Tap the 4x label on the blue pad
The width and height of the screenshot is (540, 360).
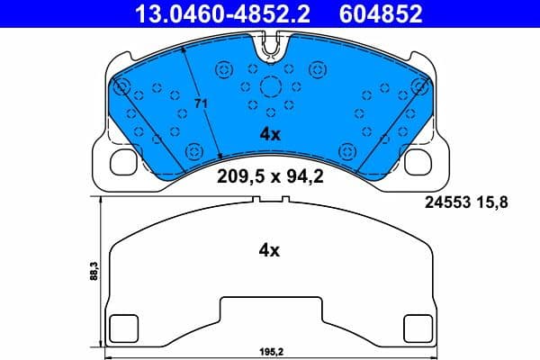(270, 134)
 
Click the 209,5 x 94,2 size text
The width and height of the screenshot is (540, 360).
(270, 176)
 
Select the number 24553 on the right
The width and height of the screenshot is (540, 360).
(446, 203)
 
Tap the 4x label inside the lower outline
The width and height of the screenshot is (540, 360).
(270, 251)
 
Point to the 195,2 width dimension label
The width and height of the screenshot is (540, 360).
(270, 354)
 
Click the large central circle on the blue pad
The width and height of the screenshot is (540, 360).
(270, 87)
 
